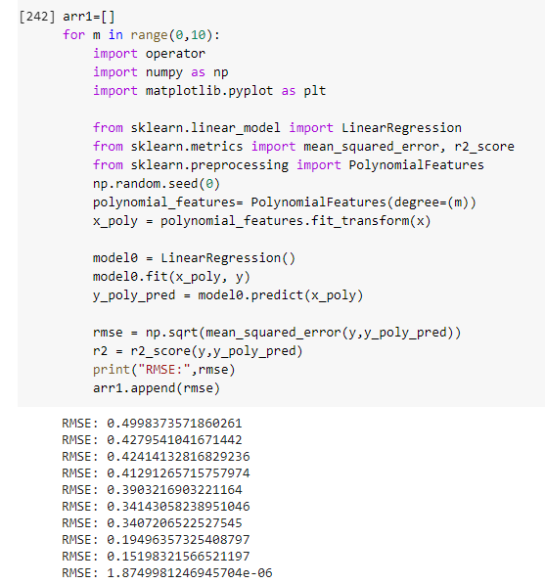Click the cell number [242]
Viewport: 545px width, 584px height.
[x=37, y=17]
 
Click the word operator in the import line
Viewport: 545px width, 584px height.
[x=175, y=54]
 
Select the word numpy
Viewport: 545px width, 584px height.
[x=164, y=72]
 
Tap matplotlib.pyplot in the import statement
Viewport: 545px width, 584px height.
[x=209, y=91]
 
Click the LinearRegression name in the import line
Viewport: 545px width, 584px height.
[x=401, y=128]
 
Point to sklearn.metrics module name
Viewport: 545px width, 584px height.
[x=187, y=147]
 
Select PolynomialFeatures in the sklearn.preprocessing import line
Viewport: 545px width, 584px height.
[x=416, y=165]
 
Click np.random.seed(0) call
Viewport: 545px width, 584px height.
[x=157, y=184]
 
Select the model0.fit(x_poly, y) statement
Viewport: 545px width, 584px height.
[x=171, y=277]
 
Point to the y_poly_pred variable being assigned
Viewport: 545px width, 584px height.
[x=134, y=296]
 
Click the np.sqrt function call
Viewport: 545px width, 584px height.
[x=171, y=333]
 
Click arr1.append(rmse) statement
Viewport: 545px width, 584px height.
[x=157, y=388]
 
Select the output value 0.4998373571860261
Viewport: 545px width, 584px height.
[x=174, y=424]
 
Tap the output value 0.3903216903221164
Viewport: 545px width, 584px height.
[x=174, y=490]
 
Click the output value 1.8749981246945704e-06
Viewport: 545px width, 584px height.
[x=190, y=573]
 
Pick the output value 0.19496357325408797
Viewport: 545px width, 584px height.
[x=178, y=540]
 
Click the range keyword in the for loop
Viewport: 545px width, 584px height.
[x=149, y=35]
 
